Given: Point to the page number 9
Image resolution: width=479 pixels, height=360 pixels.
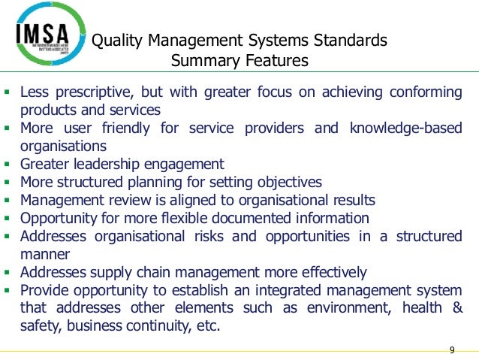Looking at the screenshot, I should pos(452,350).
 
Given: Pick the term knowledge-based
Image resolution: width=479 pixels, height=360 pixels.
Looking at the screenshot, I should pos(405,128).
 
